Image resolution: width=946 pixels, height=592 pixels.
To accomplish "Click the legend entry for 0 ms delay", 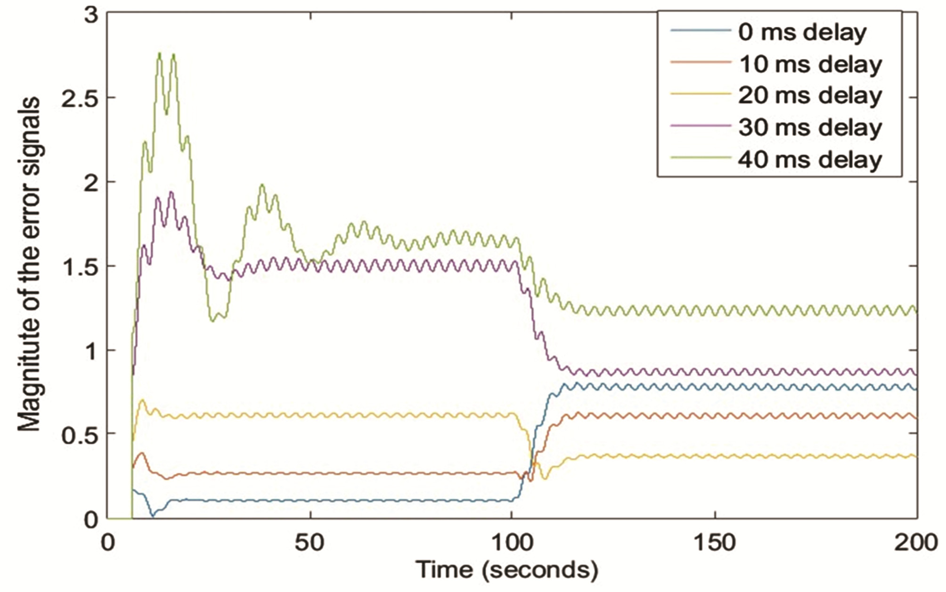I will pyautogui.click(x=802, y=33).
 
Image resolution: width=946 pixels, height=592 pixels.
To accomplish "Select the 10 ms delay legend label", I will pyautogui.click(x=809, y=64).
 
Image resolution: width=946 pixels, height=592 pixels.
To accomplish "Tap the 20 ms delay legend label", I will pyautogui.click(x=809, y=96).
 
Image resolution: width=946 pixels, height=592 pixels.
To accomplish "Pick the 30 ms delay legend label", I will pyautogui.click(x=809, y=128).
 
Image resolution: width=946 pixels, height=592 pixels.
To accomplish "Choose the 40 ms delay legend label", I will pyautogui.click(x=809, y=160).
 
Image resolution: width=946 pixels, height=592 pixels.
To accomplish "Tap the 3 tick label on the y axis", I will pyautogui.click(x=91, y=15).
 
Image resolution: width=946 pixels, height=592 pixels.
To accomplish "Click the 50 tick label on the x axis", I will pyautogui.click(x=310, y=543).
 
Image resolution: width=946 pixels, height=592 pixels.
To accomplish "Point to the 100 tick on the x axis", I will pyautogui.click(x=512, y=543).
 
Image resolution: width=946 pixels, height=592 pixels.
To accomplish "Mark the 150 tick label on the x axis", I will pyautogui.click(x=715, y=543).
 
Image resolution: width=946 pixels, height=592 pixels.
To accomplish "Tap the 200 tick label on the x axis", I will pyautogui.click(x=917, y=543).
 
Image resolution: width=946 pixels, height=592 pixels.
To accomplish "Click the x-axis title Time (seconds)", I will pyautogui.click(x=507, y=569).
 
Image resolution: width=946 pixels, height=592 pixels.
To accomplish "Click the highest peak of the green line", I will pyautogui.click(x=160, y=53).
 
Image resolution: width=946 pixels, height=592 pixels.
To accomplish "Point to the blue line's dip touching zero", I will pyautogui.click(x=152, y=516).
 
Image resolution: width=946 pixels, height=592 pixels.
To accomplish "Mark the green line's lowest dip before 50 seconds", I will pyautogui.click(x=213, y=321).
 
